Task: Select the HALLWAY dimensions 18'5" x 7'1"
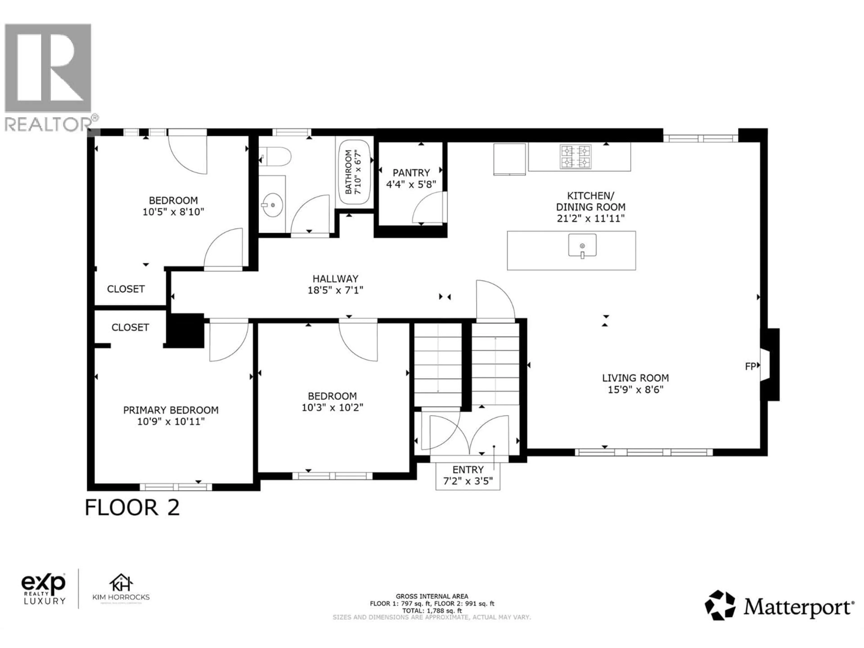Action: (335, 290)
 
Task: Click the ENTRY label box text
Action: (468, 470)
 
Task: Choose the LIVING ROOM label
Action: (635, 378)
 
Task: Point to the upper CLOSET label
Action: (126, 289)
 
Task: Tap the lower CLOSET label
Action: (130, 327)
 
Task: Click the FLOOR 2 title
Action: (132, 508)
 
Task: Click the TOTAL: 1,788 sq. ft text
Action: (432, 610)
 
